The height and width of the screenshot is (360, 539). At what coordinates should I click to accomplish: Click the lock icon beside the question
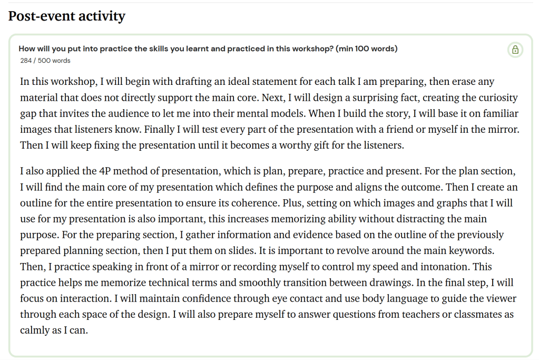point(515,50)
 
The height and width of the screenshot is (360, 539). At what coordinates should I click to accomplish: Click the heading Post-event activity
point(66,16)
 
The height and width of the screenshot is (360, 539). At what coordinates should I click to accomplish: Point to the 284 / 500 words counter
point(45,61)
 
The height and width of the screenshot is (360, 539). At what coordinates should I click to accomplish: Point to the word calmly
point(35,330)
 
